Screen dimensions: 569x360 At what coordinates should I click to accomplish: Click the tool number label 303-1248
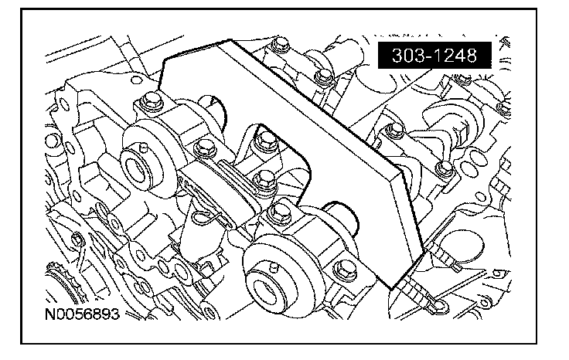click(x=434, y=55)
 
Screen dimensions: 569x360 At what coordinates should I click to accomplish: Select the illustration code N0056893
click(x=82, y=314)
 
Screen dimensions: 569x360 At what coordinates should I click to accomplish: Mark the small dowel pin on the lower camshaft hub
click(x=274, y=267)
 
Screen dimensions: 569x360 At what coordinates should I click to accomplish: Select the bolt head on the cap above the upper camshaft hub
click(x=150, y=100)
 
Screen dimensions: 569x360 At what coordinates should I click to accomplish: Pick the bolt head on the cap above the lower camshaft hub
click(x=280, y=212)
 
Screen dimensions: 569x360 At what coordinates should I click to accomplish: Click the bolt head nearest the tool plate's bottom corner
click(x=344, y=270)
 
